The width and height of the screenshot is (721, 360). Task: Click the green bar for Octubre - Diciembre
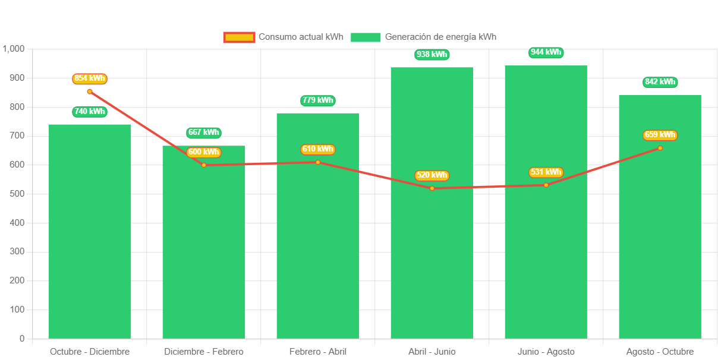tap(89, 231)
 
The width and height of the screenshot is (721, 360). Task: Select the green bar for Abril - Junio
tap(432, 203)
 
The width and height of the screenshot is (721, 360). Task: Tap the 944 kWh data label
tap(546, 52)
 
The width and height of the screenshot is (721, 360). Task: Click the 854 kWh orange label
tap(90, 78)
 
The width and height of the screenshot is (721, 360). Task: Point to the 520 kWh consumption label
tap(432, 175)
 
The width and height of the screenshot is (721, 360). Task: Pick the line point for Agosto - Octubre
tap(660, 148)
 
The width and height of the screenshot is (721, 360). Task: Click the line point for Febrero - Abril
tap(318, 162)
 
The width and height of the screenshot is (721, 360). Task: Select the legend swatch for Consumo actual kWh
tap(239, 37)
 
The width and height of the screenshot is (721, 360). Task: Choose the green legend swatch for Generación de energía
tap(366, 37)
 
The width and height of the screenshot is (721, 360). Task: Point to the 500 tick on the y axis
tap(17, 194)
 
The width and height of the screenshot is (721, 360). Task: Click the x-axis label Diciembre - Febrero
tap(204, 352)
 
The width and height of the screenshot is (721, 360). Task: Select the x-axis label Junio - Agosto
tap(546, 352)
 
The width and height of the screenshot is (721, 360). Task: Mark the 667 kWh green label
tap(204, 132)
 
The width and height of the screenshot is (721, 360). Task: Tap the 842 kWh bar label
tap(660, 82)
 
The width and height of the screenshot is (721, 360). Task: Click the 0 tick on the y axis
tap(22, 339)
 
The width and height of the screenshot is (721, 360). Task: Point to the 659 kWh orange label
tap(660, 135)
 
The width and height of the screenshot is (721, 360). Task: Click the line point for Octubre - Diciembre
tap(90, 91)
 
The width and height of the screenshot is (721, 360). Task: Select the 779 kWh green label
tap(318, 100)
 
